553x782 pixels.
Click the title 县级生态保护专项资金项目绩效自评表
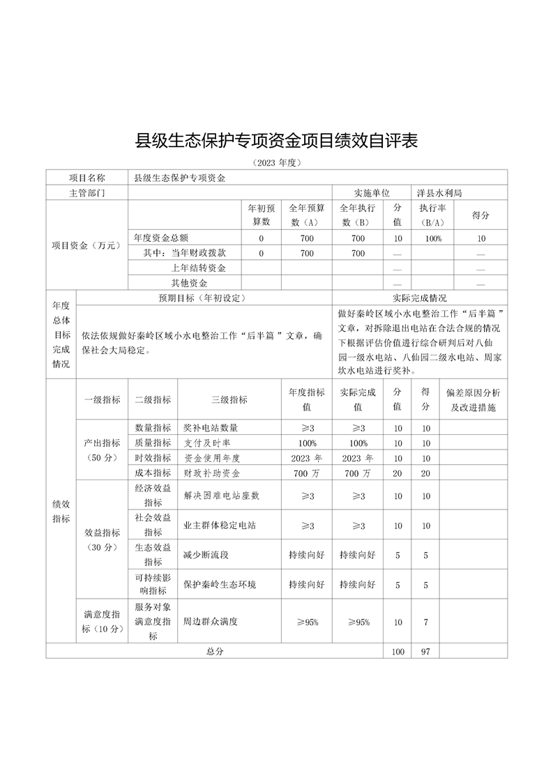[x=276, y=141]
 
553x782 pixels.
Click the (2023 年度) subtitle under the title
[x=276, y=162]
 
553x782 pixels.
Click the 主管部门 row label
[x=87, y=192]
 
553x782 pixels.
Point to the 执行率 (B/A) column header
[x=432, y=215]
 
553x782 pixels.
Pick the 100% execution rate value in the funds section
[x=432, y=238]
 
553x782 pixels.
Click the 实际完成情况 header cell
[x=420, y=298]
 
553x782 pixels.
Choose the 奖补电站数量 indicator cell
[x=215, y=427]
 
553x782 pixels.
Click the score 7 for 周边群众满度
[x=425, y=622]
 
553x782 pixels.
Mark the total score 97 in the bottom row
[x=425, y=651]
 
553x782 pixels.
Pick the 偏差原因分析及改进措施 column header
[x=474, y=400]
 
